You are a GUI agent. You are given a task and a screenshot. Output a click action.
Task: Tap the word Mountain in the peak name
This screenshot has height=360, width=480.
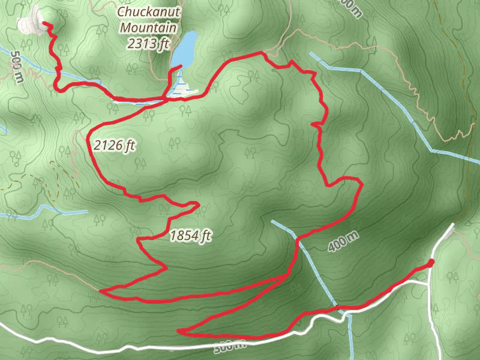[148, 28]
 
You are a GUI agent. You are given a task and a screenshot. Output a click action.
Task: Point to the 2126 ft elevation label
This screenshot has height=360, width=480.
[114, 145]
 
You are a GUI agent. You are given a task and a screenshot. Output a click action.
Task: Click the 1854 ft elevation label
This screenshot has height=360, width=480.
[191, 236]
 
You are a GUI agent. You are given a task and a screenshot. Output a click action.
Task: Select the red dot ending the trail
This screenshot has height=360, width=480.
[431, 262]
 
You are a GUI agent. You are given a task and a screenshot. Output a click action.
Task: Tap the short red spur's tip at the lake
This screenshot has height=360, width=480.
[181, 66]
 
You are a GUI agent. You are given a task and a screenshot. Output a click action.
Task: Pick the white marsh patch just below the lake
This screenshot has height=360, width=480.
[183, 92]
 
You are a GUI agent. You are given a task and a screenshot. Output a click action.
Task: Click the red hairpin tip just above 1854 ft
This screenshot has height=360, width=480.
[197, 205]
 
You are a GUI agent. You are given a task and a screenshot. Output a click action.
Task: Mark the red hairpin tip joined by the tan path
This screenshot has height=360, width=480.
[101, 292]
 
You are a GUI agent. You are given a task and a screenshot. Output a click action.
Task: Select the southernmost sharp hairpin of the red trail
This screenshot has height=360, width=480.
[179, 331]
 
